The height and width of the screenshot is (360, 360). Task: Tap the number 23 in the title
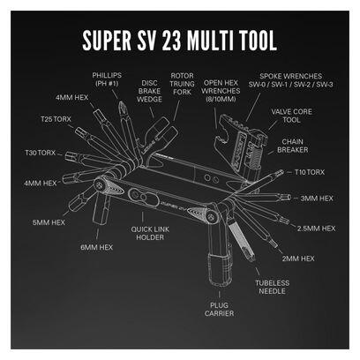click(171, 41)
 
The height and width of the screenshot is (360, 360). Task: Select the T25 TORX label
click(56, 119)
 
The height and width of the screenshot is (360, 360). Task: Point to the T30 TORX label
click(41, 153)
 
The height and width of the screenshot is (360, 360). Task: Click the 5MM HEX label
click(49, 222)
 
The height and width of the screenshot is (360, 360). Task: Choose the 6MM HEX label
click(97, 247)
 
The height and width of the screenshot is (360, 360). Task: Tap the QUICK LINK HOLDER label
click(150, 233)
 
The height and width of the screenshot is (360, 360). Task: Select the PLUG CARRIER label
click(220, 309)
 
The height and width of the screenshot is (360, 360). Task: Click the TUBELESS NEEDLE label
click(273, 287)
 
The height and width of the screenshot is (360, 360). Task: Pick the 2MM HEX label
click(298, 259)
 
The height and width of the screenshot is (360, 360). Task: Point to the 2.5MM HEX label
click(316, 229)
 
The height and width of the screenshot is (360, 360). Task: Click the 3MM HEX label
click(317, 199)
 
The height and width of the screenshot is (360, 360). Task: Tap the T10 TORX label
click(310, 172)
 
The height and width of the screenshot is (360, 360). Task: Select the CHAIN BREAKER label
click(293, 146)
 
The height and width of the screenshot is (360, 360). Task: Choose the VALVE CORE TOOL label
click(291, 116)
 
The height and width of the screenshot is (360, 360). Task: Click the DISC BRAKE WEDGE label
click(149, 91)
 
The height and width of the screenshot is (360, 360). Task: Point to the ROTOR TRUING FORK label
click(182, 84)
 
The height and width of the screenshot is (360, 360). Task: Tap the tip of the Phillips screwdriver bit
click(120, 101)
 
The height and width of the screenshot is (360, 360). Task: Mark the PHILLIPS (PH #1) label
click(107, 79)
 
